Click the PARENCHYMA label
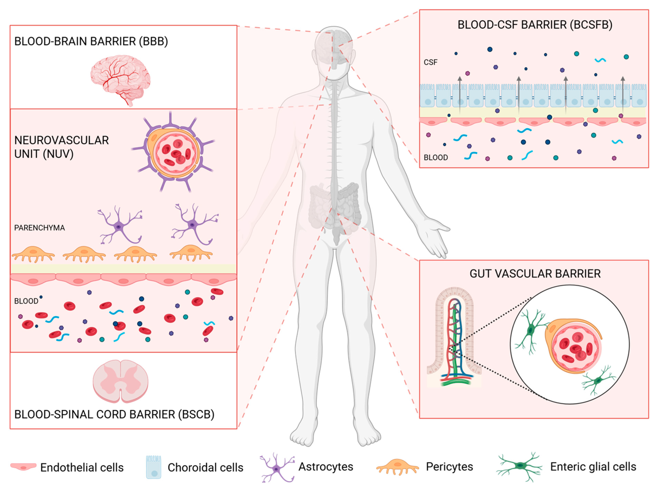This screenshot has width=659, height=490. click(39, 228)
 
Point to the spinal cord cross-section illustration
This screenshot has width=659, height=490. click(120, 381)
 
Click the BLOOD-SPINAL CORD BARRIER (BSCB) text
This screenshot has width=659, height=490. click(114, 414)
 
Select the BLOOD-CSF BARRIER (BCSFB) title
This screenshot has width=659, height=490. click(535, 25)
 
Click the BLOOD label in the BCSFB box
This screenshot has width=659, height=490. click(436, 158)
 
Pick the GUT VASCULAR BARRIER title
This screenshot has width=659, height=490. click(535, 273)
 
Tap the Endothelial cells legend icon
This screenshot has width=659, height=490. click(23, 467)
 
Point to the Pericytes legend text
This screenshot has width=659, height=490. click(449, 467)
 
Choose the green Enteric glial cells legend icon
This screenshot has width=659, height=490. click(519, 466)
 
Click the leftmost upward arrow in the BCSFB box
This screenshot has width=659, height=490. click(460, 95)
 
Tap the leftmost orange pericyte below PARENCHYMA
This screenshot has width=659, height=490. click(33, 254)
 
